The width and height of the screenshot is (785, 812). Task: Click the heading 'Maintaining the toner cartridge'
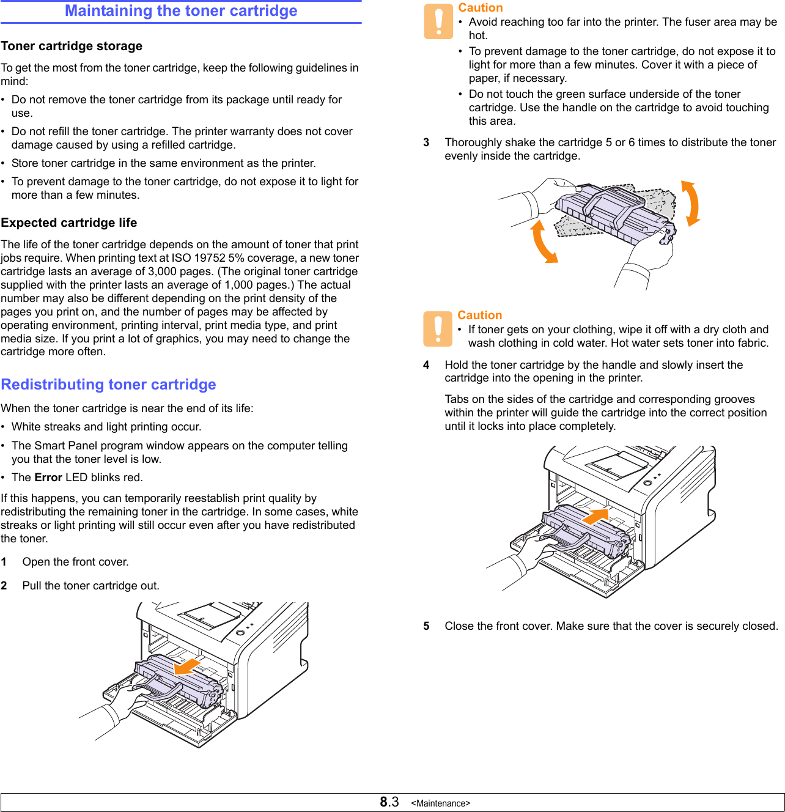(x=181, y=11)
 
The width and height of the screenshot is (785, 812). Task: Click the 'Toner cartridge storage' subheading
(x=72, y=46)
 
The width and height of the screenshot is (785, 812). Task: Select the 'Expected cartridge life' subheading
(x=69, y=223)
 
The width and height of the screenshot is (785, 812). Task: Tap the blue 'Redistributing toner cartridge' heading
(x=109, y=385)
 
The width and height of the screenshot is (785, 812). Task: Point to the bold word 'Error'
(x=48, y=478)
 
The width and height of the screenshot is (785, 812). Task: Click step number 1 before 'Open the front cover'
(x=4, y=562)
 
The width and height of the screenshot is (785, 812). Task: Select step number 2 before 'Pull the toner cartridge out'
(x=4, y=586)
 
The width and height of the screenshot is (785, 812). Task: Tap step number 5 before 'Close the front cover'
(x=426, y=626)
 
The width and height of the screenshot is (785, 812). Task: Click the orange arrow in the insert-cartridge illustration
(x=595, y=517)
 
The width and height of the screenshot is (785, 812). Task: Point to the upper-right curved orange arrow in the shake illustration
(x=691, y=203)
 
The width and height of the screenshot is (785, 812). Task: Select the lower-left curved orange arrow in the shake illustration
(x=543, y=242)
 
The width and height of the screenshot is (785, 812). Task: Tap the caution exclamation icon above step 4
(x=438, y=329)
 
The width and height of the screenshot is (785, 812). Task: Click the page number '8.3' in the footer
(x=389, y=802)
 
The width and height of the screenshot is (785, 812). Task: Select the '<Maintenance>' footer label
(x=440, y=803)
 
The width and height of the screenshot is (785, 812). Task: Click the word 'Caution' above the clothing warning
(x=480, y=316)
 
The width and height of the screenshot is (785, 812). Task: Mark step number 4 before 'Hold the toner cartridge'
(x=426, y=365)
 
